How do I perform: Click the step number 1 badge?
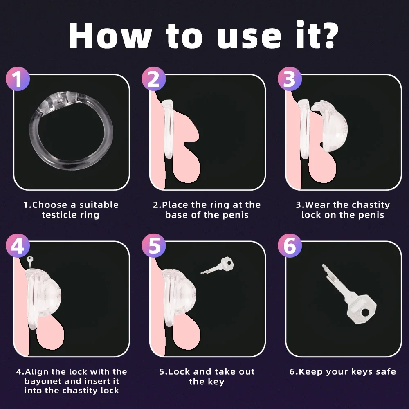click(18, 79)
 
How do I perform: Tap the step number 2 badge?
click(153, 79)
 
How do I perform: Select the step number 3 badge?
click(289, 79)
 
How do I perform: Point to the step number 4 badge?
click(18, 247)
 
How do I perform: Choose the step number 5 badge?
click(153, 247)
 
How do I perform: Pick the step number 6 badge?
click(289, 247)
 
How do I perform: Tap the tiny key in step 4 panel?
click(29, 261)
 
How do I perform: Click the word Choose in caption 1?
click(54, 205)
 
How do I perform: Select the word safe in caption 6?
click(384, 372)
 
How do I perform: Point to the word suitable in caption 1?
click(99, 205)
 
